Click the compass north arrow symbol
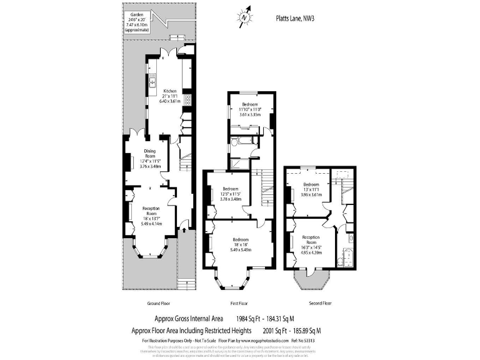[244, 17]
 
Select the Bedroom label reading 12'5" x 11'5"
[231, 194]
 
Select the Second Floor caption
[320, 302]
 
